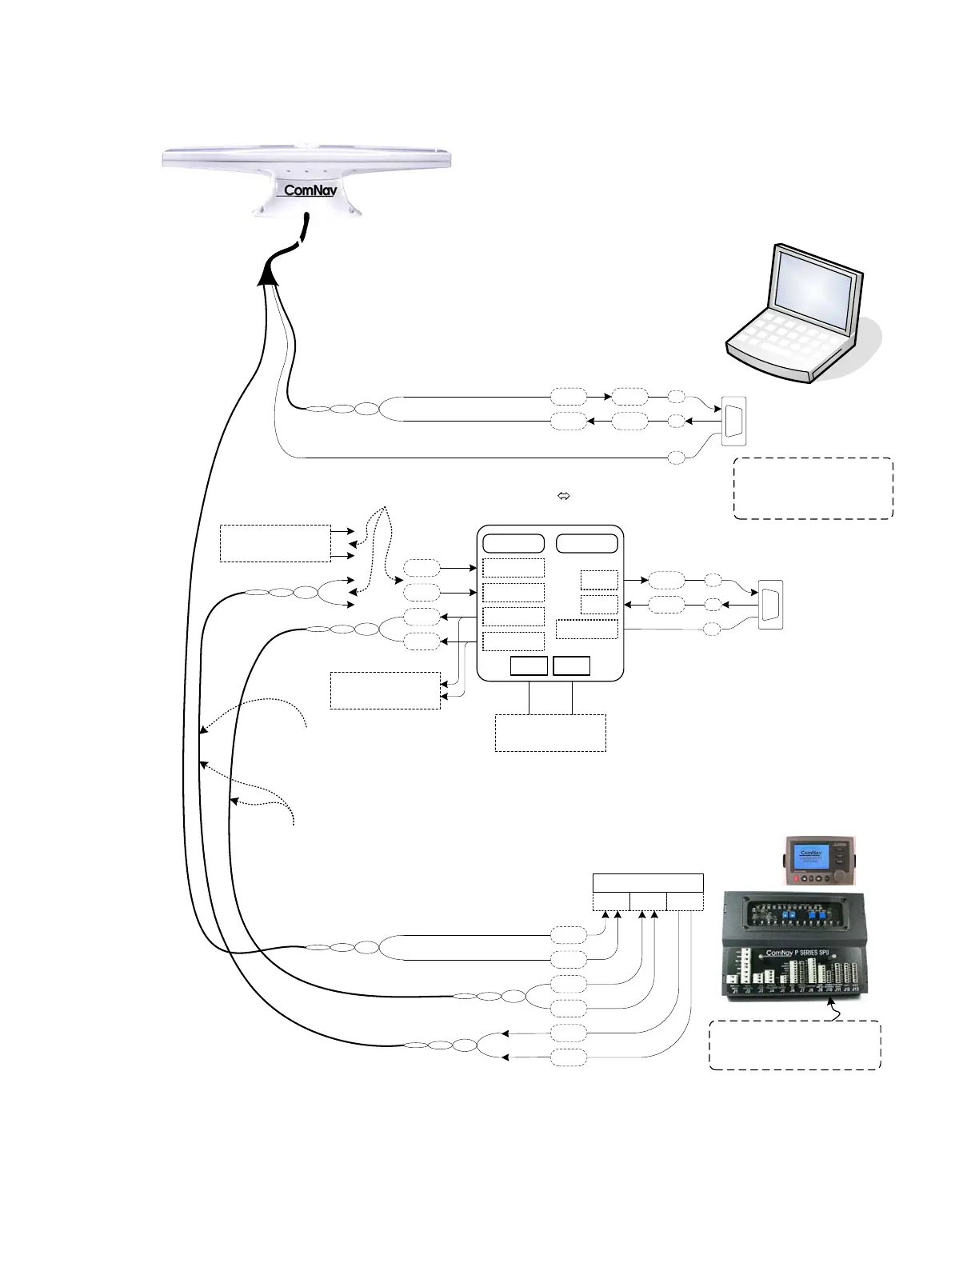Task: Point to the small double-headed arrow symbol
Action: pyautogui.click(x=563, y=497)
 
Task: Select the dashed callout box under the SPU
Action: pyautogui.click(x=795, y=1045)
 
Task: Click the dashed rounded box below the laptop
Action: pyautogui.click(x=813, y=488)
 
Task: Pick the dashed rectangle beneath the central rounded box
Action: pyautogui.click(x=550, y=733)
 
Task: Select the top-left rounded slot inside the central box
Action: pyautogui.click(x=513, y=543)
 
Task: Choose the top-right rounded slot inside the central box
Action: pyautogui.click(x=587, y=543)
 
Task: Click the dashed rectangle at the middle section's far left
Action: pyautogui.click(x=275, y=543)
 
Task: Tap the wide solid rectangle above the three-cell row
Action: pyautogui.click(x=648, y=883)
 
